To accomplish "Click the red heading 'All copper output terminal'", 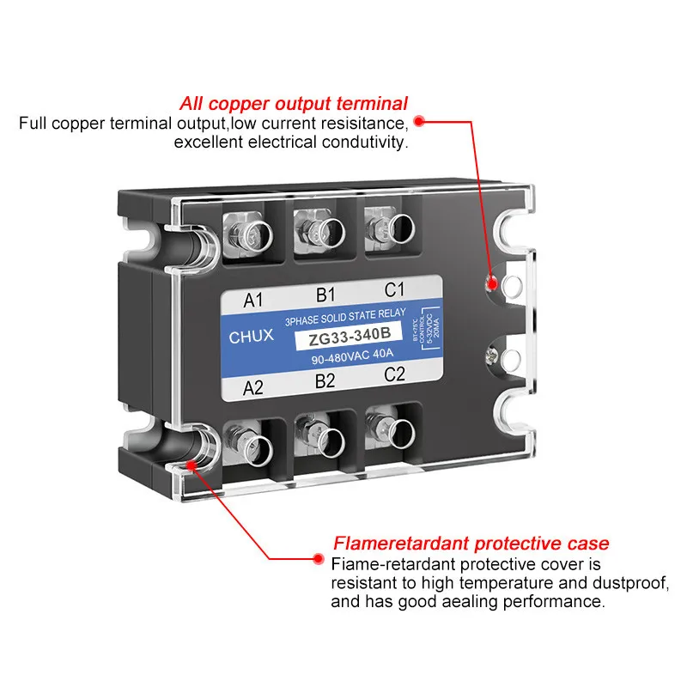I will pos(294,104).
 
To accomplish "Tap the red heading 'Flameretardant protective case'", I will pos(471,544).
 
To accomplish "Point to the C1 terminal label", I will pos(394,289).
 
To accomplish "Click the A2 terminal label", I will pos(254,386).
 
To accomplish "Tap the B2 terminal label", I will pos(325,380).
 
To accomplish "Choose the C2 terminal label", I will pos(394,374).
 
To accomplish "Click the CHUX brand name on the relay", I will pos(252,337).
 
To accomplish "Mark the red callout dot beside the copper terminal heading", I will pos(420,122).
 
